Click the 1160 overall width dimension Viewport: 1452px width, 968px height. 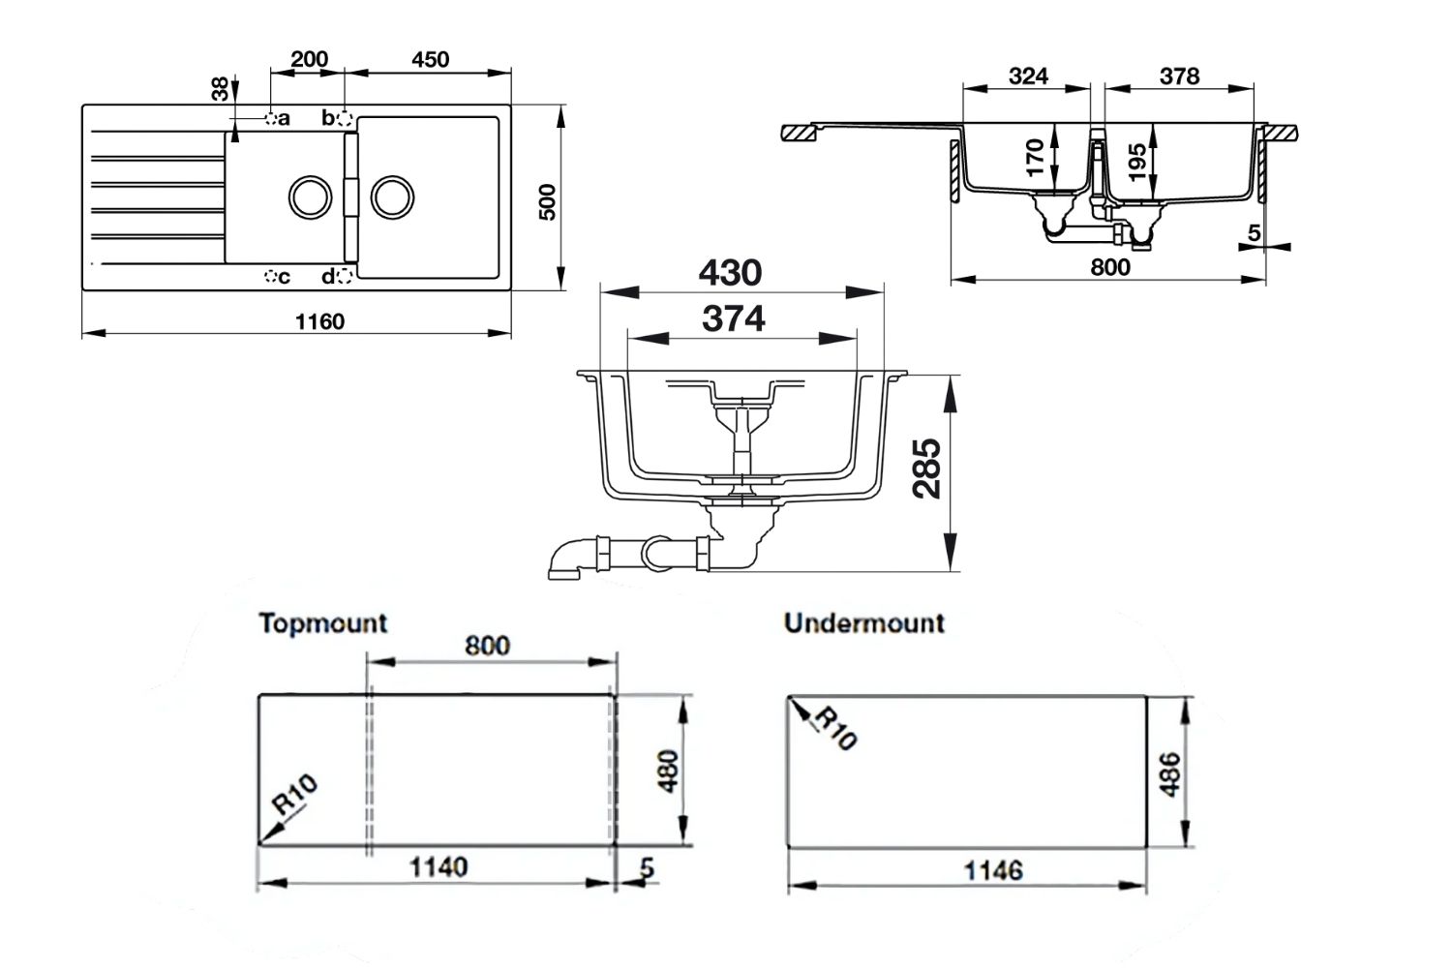coord(319,320)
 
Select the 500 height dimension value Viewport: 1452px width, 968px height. coord(548,201)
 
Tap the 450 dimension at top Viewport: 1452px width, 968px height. coord(430,59)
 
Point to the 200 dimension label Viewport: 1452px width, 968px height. coord(309,59)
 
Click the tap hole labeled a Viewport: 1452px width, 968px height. coord(271,118)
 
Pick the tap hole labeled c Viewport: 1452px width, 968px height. coord(271,278)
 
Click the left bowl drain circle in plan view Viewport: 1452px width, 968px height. coord(311,197)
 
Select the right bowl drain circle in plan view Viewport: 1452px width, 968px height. coord(392,197)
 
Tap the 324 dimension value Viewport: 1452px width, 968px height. coord(1028,76)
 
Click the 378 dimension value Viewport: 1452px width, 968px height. coord(1179,76)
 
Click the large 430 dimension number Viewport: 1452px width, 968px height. coord(730,273)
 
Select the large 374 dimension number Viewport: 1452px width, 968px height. coord(734,318)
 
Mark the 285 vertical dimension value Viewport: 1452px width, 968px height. coord(928,469)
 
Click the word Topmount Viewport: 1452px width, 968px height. coord(322,622)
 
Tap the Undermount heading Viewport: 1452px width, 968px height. coord(863,622)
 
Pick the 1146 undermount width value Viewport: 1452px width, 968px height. coord(993,870)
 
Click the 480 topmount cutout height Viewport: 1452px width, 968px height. coord(669,771)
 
